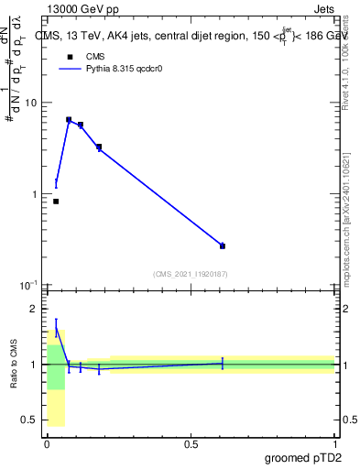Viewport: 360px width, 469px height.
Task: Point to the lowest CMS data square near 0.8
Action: click(x=56, y=202)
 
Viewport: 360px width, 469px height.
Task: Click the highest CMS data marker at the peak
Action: click(x=69, y=120)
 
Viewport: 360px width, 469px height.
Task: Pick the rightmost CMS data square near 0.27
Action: click(x=223, y=245)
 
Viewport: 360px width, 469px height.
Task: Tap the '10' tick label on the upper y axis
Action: click(x=30, y=103)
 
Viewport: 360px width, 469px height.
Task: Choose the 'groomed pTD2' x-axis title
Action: click(x=304, y=458)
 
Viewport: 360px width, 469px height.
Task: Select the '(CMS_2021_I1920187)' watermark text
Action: click(x=190, y=274)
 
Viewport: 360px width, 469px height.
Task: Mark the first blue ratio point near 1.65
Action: click(x=56, y=327)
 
